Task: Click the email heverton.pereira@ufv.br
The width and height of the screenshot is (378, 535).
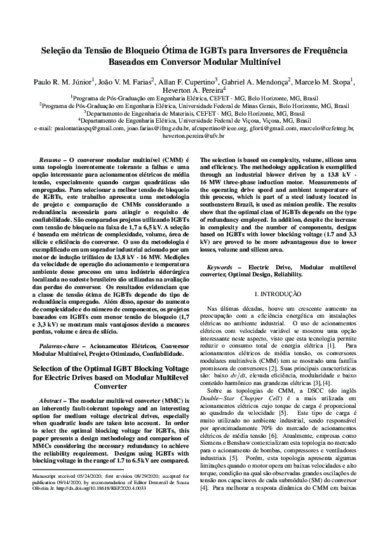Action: click(189, 135)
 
